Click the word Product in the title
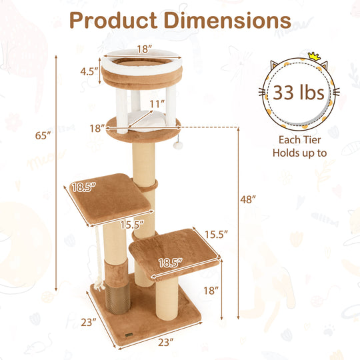click(x=113, y=21)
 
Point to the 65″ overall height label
click(x=43, y=135)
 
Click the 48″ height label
click(x=248, y=199)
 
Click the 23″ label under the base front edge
click(x=166, y=342)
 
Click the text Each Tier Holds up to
click(x=299, y=147)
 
